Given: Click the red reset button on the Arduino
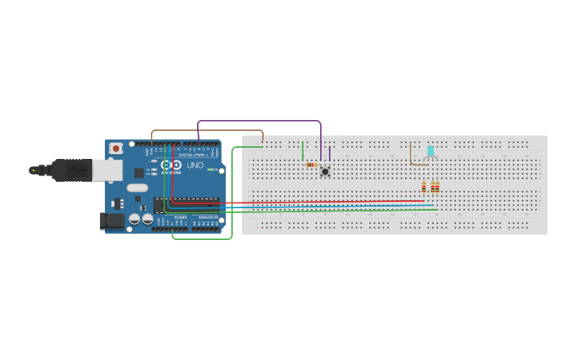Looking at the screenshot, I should coord(116,148).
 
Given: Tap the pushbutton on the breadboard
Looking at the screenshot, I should coord(325,171).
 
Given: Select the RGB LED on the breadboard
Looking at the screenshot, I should coord(431,151).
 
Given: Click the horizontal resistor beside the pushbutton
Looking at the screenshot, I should coord(311,165).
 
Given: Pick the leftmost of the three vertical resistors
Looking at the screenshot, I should coord(423,188).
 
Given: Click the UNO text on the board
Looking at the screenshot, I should coord(195,165).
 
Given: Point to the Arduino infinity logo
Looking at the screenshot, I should coord(172,165).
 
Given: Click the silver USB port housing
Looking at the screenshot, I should coord(106,169).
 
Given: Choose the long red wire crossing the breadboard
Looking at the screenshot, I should coord(318,202).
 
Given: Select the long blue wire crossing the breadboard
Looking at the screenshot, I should coord(318,207).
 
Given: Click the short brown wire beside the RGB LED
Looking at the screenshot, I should coord(411,154).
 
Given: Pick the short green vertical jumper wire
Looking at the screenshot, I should coord(303,151).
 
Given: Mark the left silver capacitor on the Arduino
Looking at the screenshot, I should coord(135,219).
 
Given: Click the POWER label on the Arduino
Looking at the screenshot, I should coord(180,217).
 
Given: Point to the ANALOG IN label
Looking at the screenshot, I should coord(207,217).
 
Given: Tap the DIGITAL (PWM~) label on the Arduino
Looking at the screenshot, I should coord(194,154).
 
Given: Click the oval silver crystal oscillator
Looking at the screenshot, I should coord(137,188).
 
